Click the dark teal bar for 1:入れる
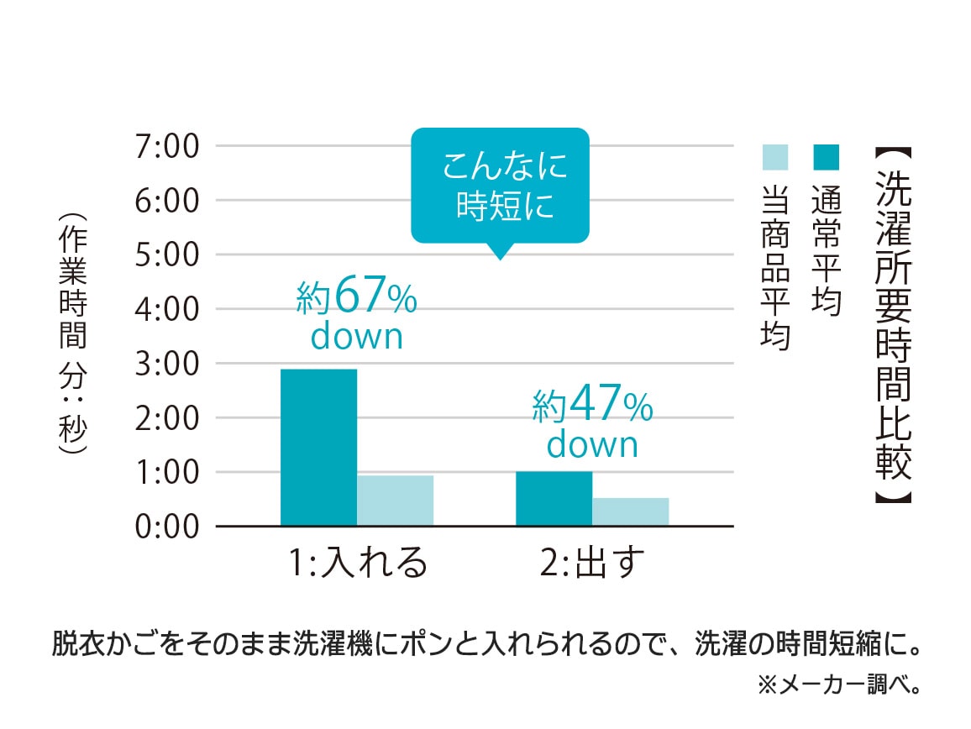(x=318, y=447)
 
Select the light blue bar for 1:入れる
(x=395, y=501)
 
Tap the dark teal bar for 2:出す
(x=554, y=498)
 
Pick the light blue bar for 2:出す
(x=630, y=511)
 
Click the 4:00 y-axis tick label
(x=165, y=310)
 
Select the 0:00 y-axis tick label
(x=165, y=527)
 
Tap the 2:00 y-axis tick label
(x=165, y=418)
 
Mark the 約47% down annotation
(x=593, y=425)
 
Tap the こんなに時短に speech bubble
(x=500, y=185)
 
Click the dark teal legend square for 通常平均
(x=826, y=156)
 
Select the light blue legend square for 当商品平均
(x=774, y=156)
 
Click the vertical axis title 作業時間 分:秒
(x=73, y=332)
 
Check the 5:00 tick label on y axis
(x=165, y=255)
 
